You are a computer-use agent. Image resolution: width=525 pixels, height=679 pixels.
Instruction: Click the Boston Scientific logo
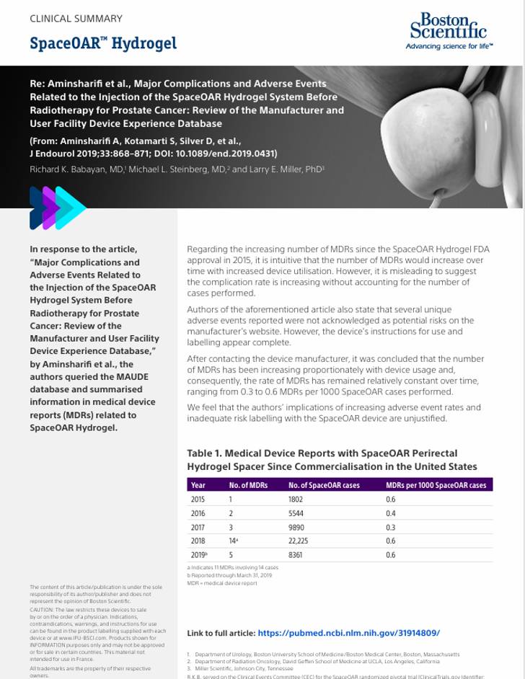(449, 31)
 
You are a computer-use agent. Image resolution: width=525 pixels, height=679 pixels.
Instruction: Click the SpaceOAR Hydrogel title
(103, 43)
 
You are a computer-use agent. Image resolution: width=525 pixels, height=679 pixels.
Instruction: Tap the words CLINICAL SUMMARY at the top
(76, 19)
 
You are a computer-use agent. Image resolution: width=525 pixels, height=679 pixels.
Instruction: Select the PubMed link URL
(348, 633)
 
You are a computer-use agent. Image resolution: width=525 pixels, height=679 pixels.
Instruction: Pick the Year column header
(198, 485)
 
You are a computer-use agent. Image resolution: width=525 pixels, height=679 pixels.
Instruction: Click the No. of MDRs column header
(248, 485)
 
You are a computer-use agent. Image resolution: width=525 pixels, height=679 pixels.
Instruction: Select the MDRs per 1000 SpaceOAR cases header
(436, 485)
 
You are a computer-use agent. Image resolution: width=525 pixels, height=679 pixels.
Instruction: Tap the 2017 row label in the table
(198, 527)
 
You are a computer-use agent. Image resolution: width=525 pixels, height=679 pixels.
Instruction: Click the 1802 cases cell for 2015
(296, 500)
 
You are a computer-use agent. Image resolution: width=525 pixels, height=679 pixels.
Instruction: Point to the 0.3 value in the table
(391, 527)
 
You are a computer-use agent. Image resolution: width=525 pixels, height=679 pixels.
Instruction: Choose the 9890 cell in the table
(296, 527)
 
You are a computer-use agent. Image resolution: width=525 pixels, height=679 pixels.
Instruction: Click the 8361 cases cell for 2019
(296, 555)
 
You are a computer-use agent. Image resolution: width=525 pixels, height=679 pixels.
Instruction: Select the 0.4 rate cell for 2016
(391, 513)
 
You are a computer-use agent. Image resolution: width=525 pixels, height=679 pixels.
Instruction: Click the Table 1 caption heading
(331, 460)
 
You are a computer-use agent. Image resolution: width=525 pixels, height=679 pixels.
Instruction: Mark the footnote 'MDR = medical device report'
(222, 583)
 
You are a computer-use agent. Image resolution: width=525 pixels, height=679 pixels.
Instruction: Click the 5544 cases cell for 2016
(296, 513)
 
